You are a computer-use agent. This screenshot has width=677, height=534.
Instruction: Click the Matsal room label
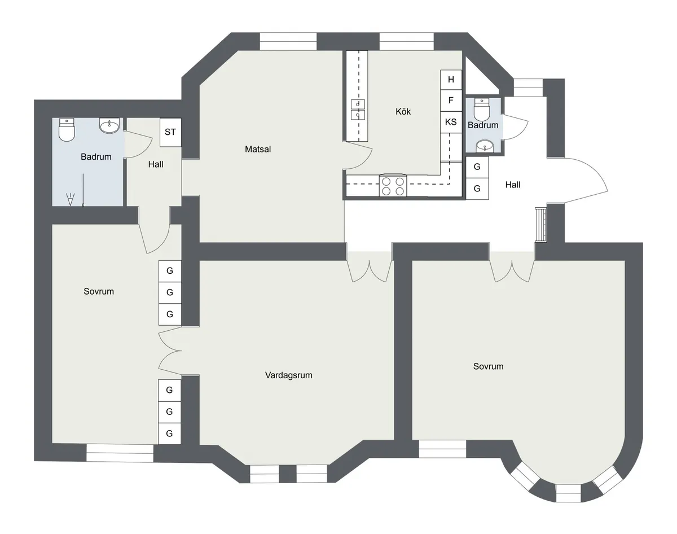258,150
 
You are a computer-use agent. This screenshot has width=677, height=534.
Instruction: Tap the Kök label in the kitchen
403,112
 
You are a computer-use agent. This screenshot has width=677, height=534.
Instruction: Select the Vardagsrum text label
288,375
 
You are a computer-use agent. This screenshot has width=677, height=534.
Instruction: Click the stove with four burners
393,186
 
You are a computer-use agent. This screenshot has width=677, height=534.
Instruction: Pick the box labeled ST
170,132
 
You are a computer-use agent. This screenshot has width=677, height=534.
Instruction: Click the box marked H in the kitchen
451,80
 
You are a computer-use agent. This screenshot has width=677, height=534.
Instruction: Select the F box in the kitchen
451,100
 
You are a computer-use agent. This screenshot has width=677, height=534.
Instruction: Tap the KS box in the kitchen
451,122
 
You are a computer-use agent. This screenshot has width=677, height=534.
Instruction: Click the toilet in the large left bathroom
67,129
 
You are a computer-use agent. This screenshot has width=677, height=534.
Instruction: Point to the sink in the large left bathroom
109,125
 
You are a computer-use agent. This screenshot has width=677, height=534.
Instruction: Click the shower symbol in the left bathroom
71,199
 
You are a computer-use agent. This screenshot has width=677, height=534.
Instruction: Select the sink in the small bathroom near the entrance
484,146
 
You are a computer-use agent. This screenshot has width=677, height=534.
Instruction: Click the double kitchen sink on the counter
358,110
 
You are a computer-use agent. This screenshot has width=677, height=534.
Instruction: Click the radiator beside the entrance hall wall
541,224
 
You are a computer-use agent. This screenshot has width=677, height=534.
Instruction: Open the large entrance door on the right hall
584,181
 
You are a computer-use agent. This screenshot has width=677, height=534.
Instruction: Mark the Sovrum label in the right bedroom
488,366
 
